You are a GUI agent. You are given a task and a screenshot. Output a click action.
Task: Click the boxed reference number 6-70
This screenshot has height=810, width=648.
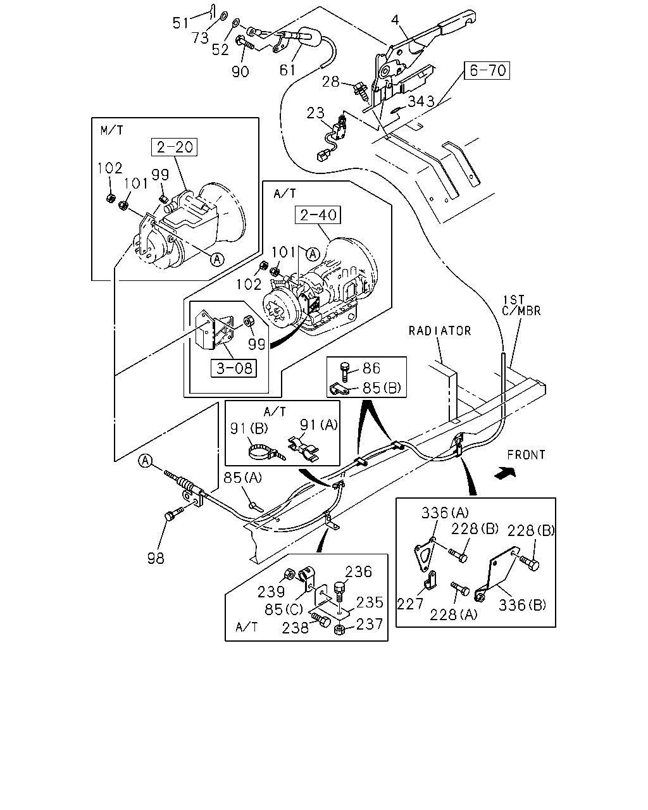pyautogui.click(x=487, y=70)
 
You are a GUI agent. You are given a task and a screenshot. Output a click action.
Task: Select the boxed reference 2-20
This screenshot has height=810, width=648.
pyautogui.click(x=174, y=147)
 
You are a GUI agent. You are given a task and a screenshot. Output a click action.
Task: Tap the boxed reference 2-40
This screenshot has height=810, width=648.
pyautogui.click(x=318, y=215)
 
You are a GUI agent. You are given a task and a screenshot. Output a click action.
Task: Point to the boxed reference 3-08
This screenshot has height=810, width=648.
pyautogui.click(x=234, y=368)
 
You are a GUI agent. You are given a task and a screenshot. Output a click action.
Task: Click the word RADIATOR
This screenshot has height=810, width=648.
pyautogui.click(x=440, y=331)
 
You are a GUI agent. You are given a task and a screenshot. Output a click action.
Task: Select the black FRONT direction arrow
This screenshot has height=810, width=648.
pyautogui.click(x=505, y=473)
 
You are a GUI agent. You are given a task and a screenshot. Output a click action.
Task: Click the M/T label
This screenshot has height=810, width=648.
pyautogui.click(x=112, y=130)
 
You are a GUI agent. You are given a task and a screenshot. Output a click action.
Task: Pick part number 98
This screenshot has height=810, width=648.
pyautogui.click(x=156, y=558)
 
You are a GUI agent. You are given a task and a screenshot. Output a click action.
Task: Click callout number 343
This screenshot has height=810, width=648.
pyautogui.click(x=421, y=101)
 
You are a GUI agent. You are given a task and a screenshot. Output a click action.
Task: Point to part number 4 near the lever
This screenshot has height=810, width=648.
pyautogui.click(x=395, y=20)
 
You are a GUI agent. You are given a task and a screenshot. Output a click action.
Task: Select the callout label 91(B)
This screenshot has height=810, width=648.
pyautogui.click(x=249, y=428)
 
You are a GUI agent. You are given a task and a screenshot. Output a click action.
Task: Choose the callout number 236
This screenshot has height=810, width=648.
pyautogui.click(x=358, y=571)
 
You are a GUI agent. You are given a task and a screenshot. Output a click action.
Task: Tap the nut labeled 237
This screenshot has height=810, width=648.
pyautogui.click(x=340, y=629)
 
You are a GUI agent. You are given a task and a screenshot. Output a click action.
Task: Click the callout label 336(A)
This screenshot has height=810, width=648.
pyautogui.click(x=445, y=513)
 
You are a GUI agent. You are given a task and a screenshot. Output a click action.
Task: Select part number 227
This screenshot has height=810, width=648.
pyautogui.click(x=411, y=604)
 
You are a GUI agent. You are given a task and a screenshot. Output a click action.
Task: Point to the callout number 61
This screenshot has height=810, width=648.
pyautogui.click(x=287, y=70)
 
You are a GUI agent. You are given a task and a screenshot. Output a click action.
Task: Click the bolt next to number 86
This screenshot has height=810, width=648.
pyautogui.click(x=346, y=371)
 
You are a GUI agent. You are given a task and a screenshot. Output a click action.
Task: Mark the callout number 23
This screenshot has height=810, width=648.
pyautogui.click(x=316, y=113)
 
